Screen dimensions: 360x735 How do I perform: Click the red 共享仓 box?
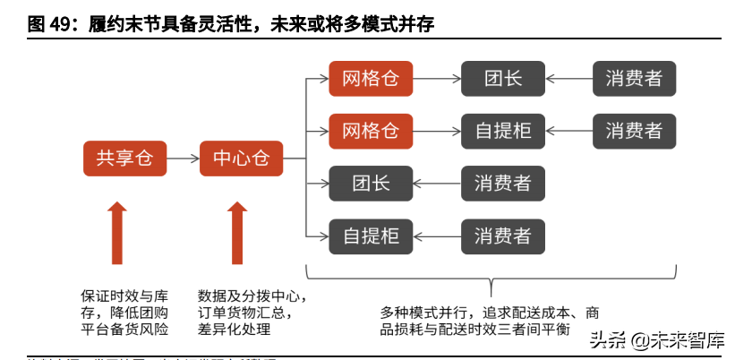coord(124,159)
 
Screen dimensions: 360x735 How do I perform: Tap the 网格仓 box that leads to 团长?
coord(371,79)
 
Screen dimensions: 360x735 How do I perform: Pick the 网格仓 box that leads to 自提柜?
coord(371,131)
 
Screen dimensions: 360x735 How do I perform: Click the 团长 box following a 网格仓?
coord(503,79)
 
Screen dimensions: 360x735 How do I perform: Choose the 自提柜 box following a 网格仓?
coord(503,131)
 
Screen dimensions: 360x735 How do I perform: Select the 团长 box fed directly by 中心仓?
coord(371,184)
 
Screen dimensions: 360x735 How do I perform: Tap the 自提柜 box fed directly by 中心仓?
coord(371,236)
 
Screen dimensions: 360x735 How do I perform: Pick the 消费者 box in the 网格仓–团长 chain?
coord(634,79)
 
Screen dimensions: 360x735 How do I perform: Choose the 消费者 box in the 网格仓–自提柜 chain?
coord(634,131)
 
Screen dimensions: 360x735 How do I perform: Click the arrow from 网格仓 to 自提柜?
coord(436,131)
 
